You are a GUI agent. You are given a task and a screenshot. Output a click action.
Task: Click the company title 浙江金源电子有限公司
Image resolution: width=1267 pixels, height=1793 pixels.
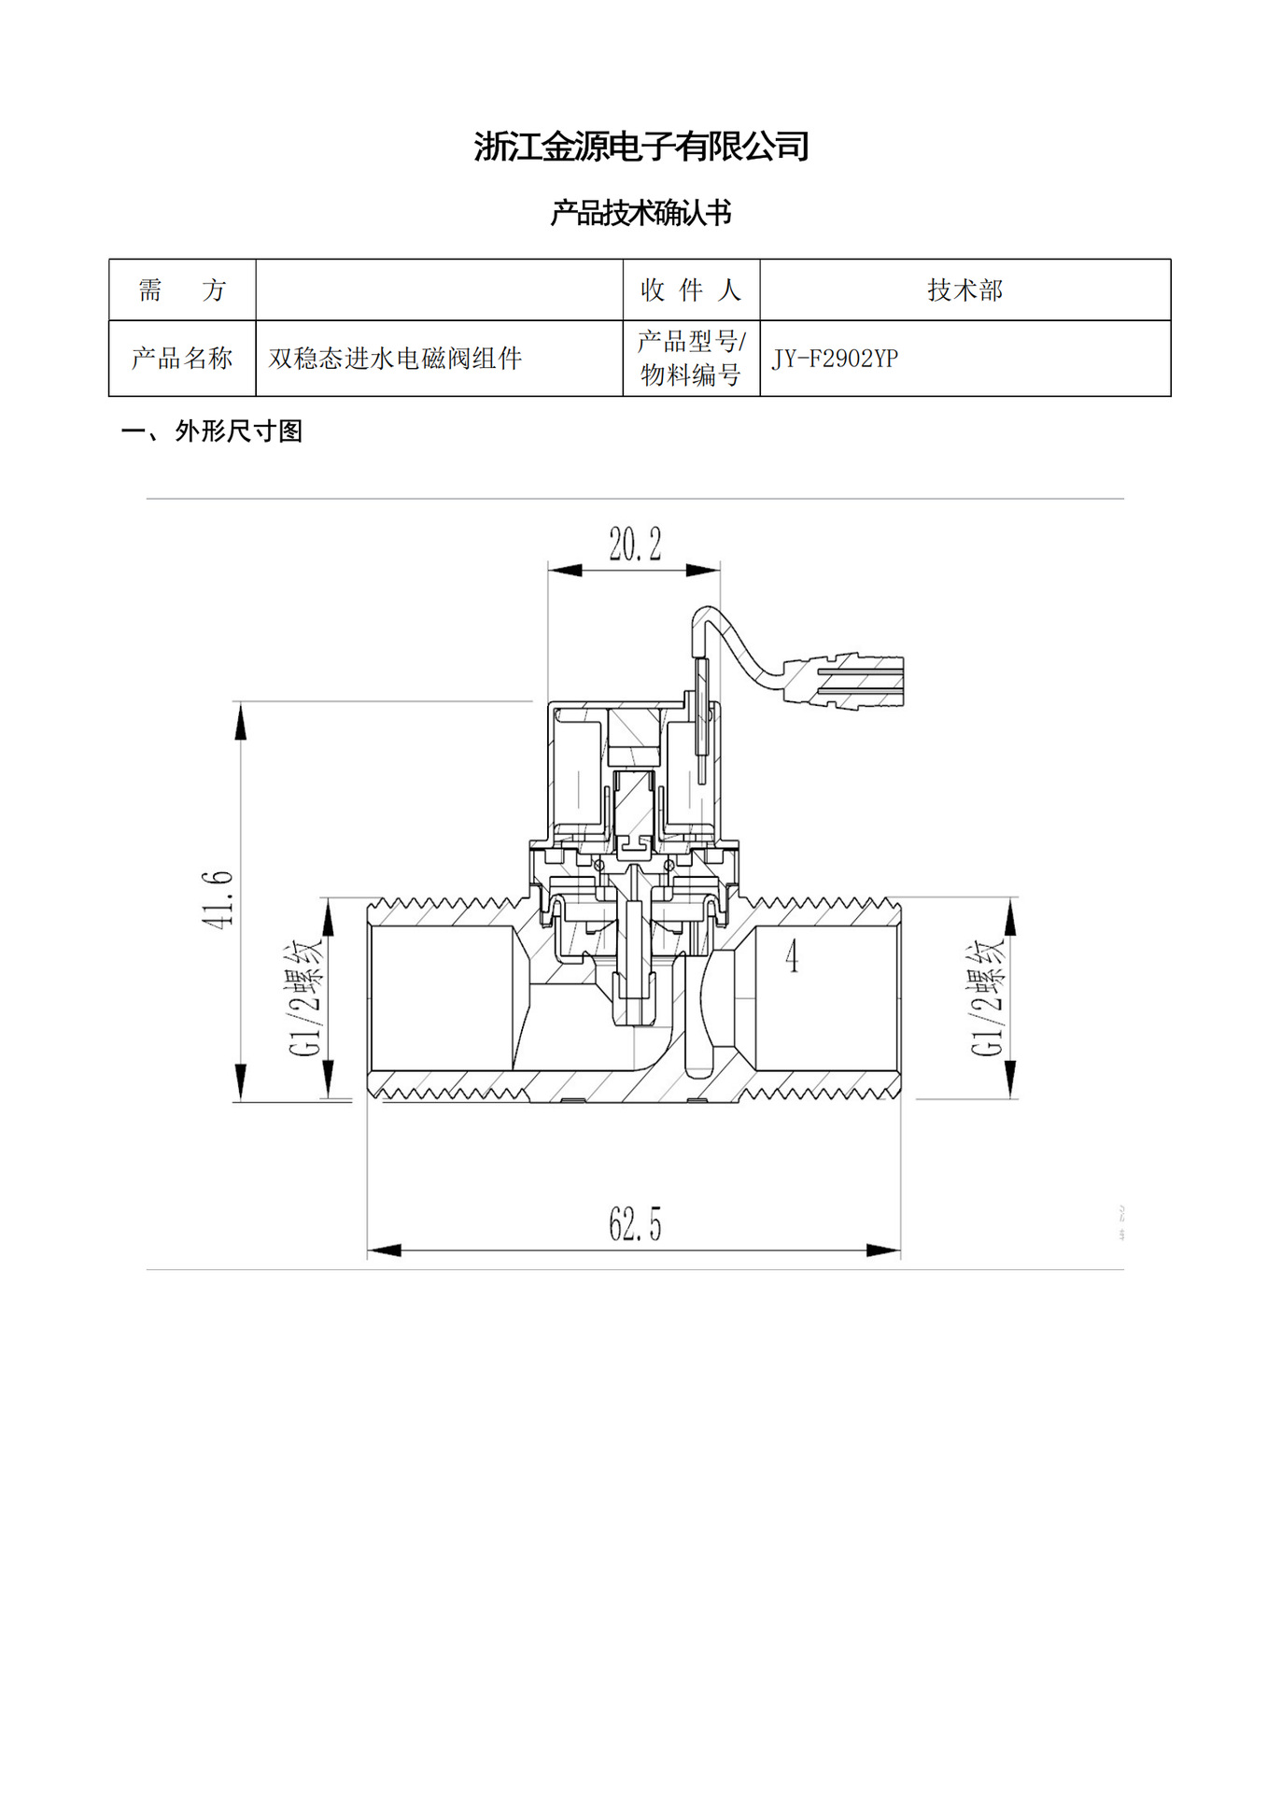[641, 147]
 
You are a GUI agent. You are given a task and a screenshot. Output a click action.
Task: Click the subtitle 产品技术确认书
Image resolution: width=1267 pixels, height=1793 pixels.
[641, 213]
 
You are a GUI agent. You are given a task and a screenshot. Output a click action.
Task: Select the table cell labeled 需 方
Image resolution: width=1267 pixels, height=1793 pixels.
[182, 290]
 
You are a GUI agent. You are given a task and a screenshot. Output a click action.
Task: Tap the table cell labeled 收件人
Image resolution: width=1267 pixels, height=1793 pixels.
[691, 290]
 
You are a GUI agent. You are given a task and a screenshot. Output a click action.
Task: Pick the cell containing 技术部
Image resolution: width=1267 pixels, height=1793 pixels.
[964, 290]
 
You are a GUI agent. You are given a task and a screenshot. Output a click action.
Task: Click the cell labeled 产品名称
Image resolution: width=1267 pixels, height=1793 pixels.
[182, 359]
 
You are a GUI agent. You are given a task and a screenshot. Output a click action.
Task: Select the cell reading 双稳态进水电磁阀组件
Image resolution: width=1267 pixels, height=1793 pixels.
[395, 359]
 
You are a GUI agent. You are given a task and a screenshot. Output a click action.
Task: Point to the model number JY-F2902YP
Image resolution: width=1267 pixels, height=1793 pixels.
[835, 359]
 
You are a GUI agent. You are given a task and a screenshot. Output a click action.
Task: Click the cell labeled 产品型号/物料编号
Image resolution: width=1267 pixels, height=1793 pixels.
[691, 359]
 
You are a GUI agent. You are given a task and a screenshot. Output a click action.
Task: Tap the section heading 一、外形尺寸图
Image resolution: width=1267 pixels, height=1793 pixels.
[212, 431]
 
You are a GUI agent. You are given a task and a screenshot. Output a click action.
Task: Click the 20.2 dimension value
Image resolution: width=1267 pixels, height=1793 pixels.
[635, 544]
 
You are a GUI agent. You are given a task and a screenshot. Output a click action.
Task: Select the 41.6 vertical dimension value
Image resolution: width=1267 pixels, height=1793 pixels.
[218, 899]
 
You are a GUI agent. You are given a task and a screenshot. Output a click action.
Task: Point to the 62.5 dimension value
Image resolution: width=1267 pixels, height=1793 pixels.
[635, 1224]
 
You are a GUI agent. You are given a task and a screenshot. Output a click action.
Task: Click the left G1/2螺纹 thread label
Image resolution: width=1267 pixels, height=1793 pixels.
[306, 997]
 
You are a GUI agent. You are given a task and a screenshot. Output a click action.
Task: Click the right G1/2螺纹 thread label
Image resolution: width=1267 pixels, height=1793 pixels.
[988, 997]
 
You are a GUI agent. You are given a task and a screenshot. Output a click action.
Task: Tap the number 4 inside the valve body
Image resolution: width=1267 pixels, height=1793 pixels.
[792, 956]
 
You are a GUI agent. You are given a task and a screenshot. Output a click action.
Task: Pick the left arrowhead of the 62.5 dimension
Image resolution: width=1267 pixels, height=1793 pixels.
[384, 1250]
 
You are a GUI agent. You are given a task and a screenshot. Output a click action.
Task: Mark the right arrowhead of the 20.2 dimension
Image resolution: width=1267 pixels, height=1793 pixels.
[704, 570]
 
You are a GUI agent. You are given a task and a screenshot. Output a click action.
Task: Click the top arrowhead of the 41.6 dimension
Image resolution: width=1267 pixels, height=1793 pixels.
[241, 722]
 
